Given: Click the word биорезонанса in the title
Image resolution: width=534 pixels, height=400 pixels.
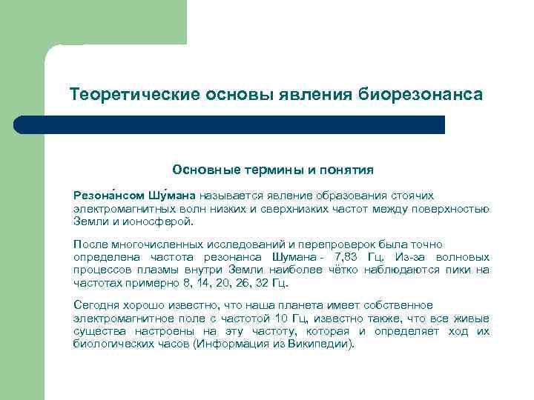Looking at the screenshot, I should (x=421, y=96).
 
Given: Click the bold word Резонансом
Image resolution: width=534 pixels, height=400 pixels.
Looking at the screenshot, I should (x=104, y=196).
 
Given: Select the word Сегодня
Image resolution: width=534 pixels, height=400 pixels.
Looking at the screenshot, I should (x=95, y=306).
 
